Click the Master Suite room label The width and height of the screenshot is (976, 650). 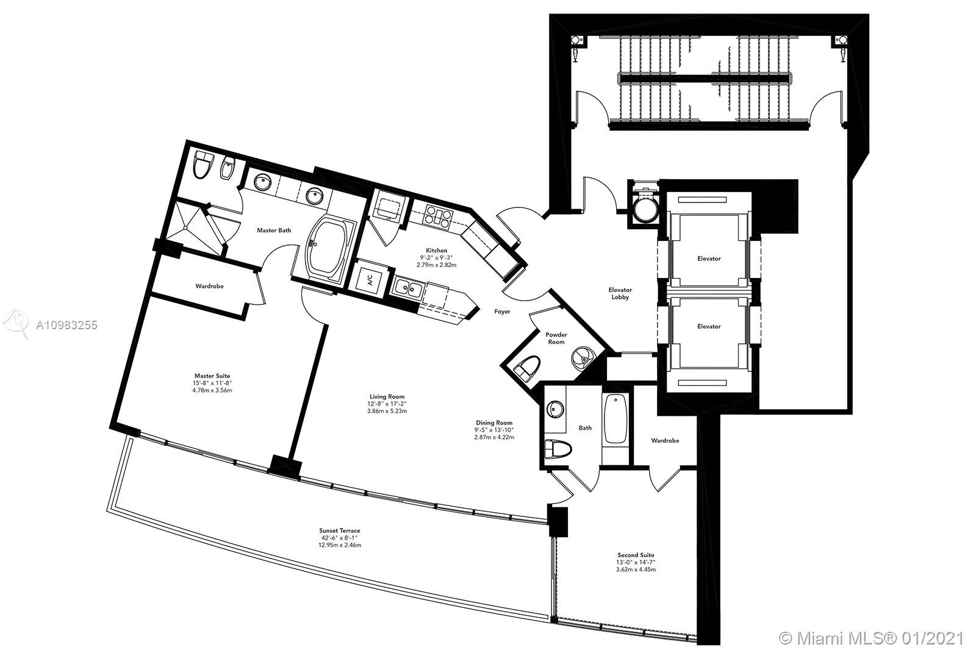click(212, 376)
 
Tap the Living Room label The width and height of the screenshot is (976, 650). click(387, 396)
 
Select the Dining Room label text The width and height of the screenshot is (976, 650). click(494, 423)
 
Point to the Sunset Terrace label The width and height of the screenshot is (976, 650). click(339, 530)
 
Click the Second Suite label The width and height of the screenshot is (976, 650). click(636, 555)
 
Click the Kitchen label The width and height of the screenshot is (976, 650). click(436, 251)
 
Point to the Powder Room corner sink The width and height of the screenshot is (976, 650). click(582, 357)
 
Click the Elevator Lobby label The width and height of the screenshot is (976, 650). click(620, 293)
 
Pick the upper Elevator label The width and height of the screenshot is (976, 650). click(709, 259)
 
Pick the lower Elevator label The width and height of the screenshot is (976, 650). click(709, 326)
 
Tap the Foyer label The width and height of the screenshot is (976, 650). click(502, 312)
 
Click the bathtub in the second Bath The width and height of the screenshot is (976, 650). click(615, 419)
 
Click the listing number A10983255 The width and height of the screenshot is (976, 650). click(66, 325)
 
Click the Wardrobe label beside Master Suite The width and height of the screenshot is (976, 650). click(209, 286)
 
